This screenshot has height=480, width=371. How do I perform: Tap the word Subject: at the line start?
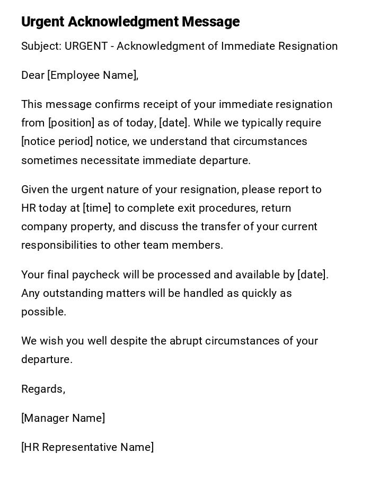point(41,46)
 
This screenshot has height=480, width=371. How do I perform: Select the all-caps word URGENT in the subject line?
point(87,46)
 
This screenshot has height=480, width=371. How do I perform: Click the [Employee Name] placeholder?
point(92,75)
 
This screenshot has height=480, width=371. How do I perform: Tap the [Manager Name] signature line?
point(63,418)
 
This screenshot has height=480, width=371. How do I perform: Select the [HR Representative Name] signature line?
point(87,447)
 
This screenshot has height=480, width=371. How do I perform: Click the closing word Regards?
point(42,389)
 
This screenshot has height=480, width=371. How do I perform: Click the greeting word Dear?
point(32,75)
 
